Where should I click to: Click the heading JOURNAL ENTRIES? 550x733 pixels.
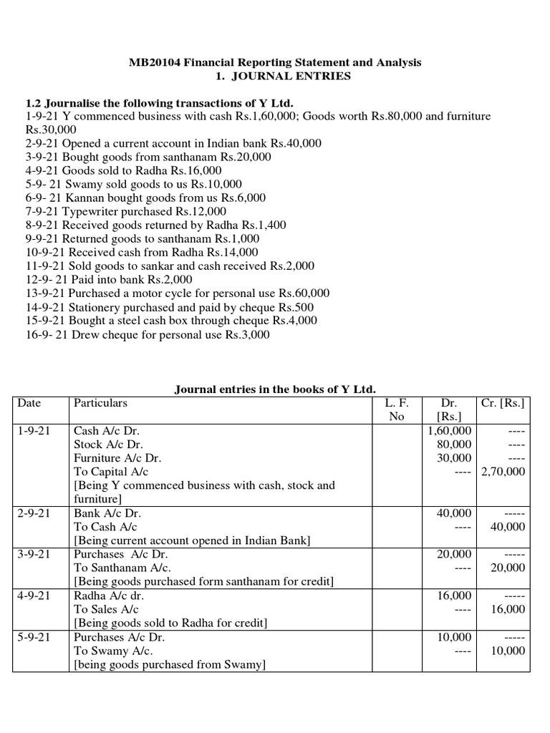303,77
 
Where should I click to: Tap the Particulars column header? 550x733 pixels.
100,403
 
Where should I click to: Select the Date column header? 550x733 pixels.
29,403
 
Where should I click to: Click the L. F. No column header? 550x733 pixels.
396,409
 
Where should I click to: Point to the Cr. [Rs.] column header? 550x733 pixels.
503,403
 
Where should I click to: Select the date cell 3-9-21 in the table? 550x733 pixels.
33,554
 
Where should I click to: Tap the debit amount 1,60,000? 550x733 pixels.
449,431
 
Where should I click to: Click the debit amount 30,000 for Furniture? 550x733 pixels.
453,458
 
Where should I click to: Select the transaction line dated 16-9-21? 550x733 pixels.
148,335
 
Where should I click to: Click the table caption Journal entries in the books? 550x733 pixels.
275,389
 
